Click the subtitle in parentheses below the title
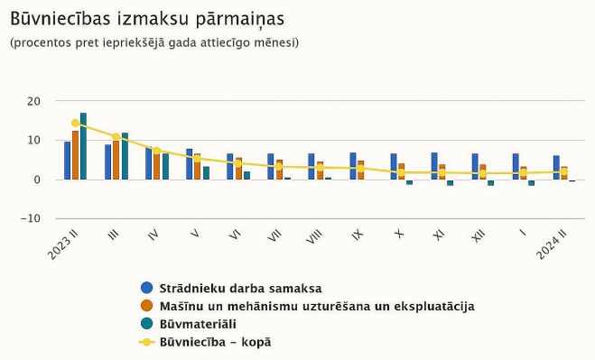pyautogui.click(x=154, y=42)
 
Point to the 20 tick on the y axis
pyautogui.click(x=33, y=101)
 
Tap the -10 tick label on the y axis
pyautogui.click(x=31, y=218)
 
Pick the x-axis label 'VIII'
pyautogui.click(x=315, y=237)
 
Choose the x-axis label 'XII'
pyautogui.click(x=479, y=237)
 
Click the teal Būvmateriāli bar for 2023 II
pyautogui.click(x=83, y=146)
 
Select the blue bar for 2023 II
pyautogui.click(x=67, y=161)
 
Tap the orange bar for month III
pyautogui.click(x=116, y=160)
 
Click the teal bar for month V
pyautogui.click(x=206, y=172)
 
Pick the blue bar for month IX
pyautogui.click(x=353, y=166)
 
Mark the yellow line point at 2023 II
pyautogui.click(x=75, y=124)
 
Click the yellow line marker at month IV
pyautogui.click(x=156, y=152)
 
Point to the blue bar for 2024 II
pyautogui.click(x=556, y=168)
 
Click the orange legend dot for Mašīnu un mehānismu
pyautogui.click(x=146, y=306)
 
